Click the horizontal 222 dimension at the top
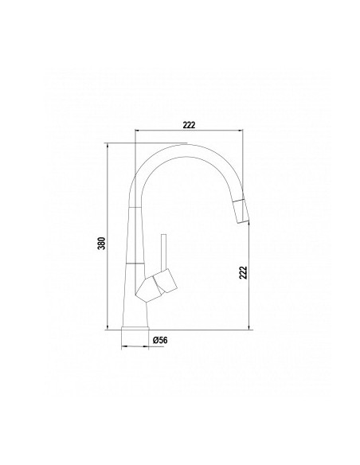pos(190,124)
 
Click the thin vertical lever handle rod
pos(164,252)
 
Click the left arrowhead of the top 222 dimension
pos(138,131)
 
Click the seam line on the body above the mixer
pos(135,262)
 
